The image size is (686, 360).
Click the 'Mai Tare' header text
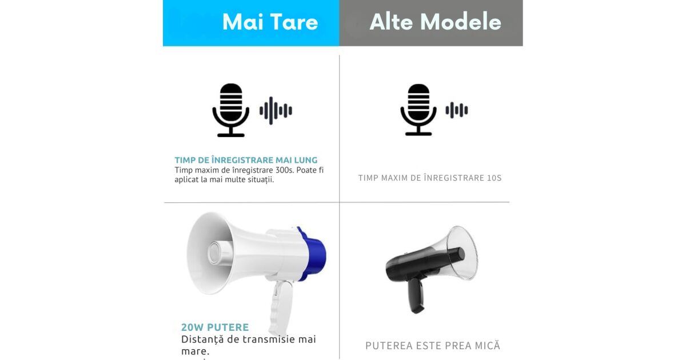(x=270, y=22)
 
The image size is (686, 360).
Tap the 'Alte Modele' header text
(x=435, y=22)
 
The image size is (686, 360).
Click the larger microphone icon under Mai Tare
(x=231, y=109)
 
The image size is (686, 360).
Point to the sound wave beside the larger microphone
(x=276, y=110)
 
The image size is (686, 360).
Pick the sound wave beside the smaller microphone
(x=457, y=110)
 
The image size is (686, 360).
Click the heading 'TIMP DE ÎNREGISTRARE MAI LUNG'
(x=246, y=160)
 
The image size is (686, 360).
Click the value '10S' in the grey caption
(x=494, y=178)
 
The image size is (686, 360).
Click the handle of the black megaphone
(x=416, y=294)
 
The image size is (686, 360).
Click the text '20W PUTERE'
(x=215, y=327)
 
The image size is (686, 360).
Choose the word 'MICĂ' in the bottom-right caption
(x=487, y=346)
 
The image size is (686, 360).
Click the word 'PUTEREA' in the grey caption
(x=386, y=346)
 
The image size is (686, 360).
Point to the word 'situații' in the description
(x=257, y=179)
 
